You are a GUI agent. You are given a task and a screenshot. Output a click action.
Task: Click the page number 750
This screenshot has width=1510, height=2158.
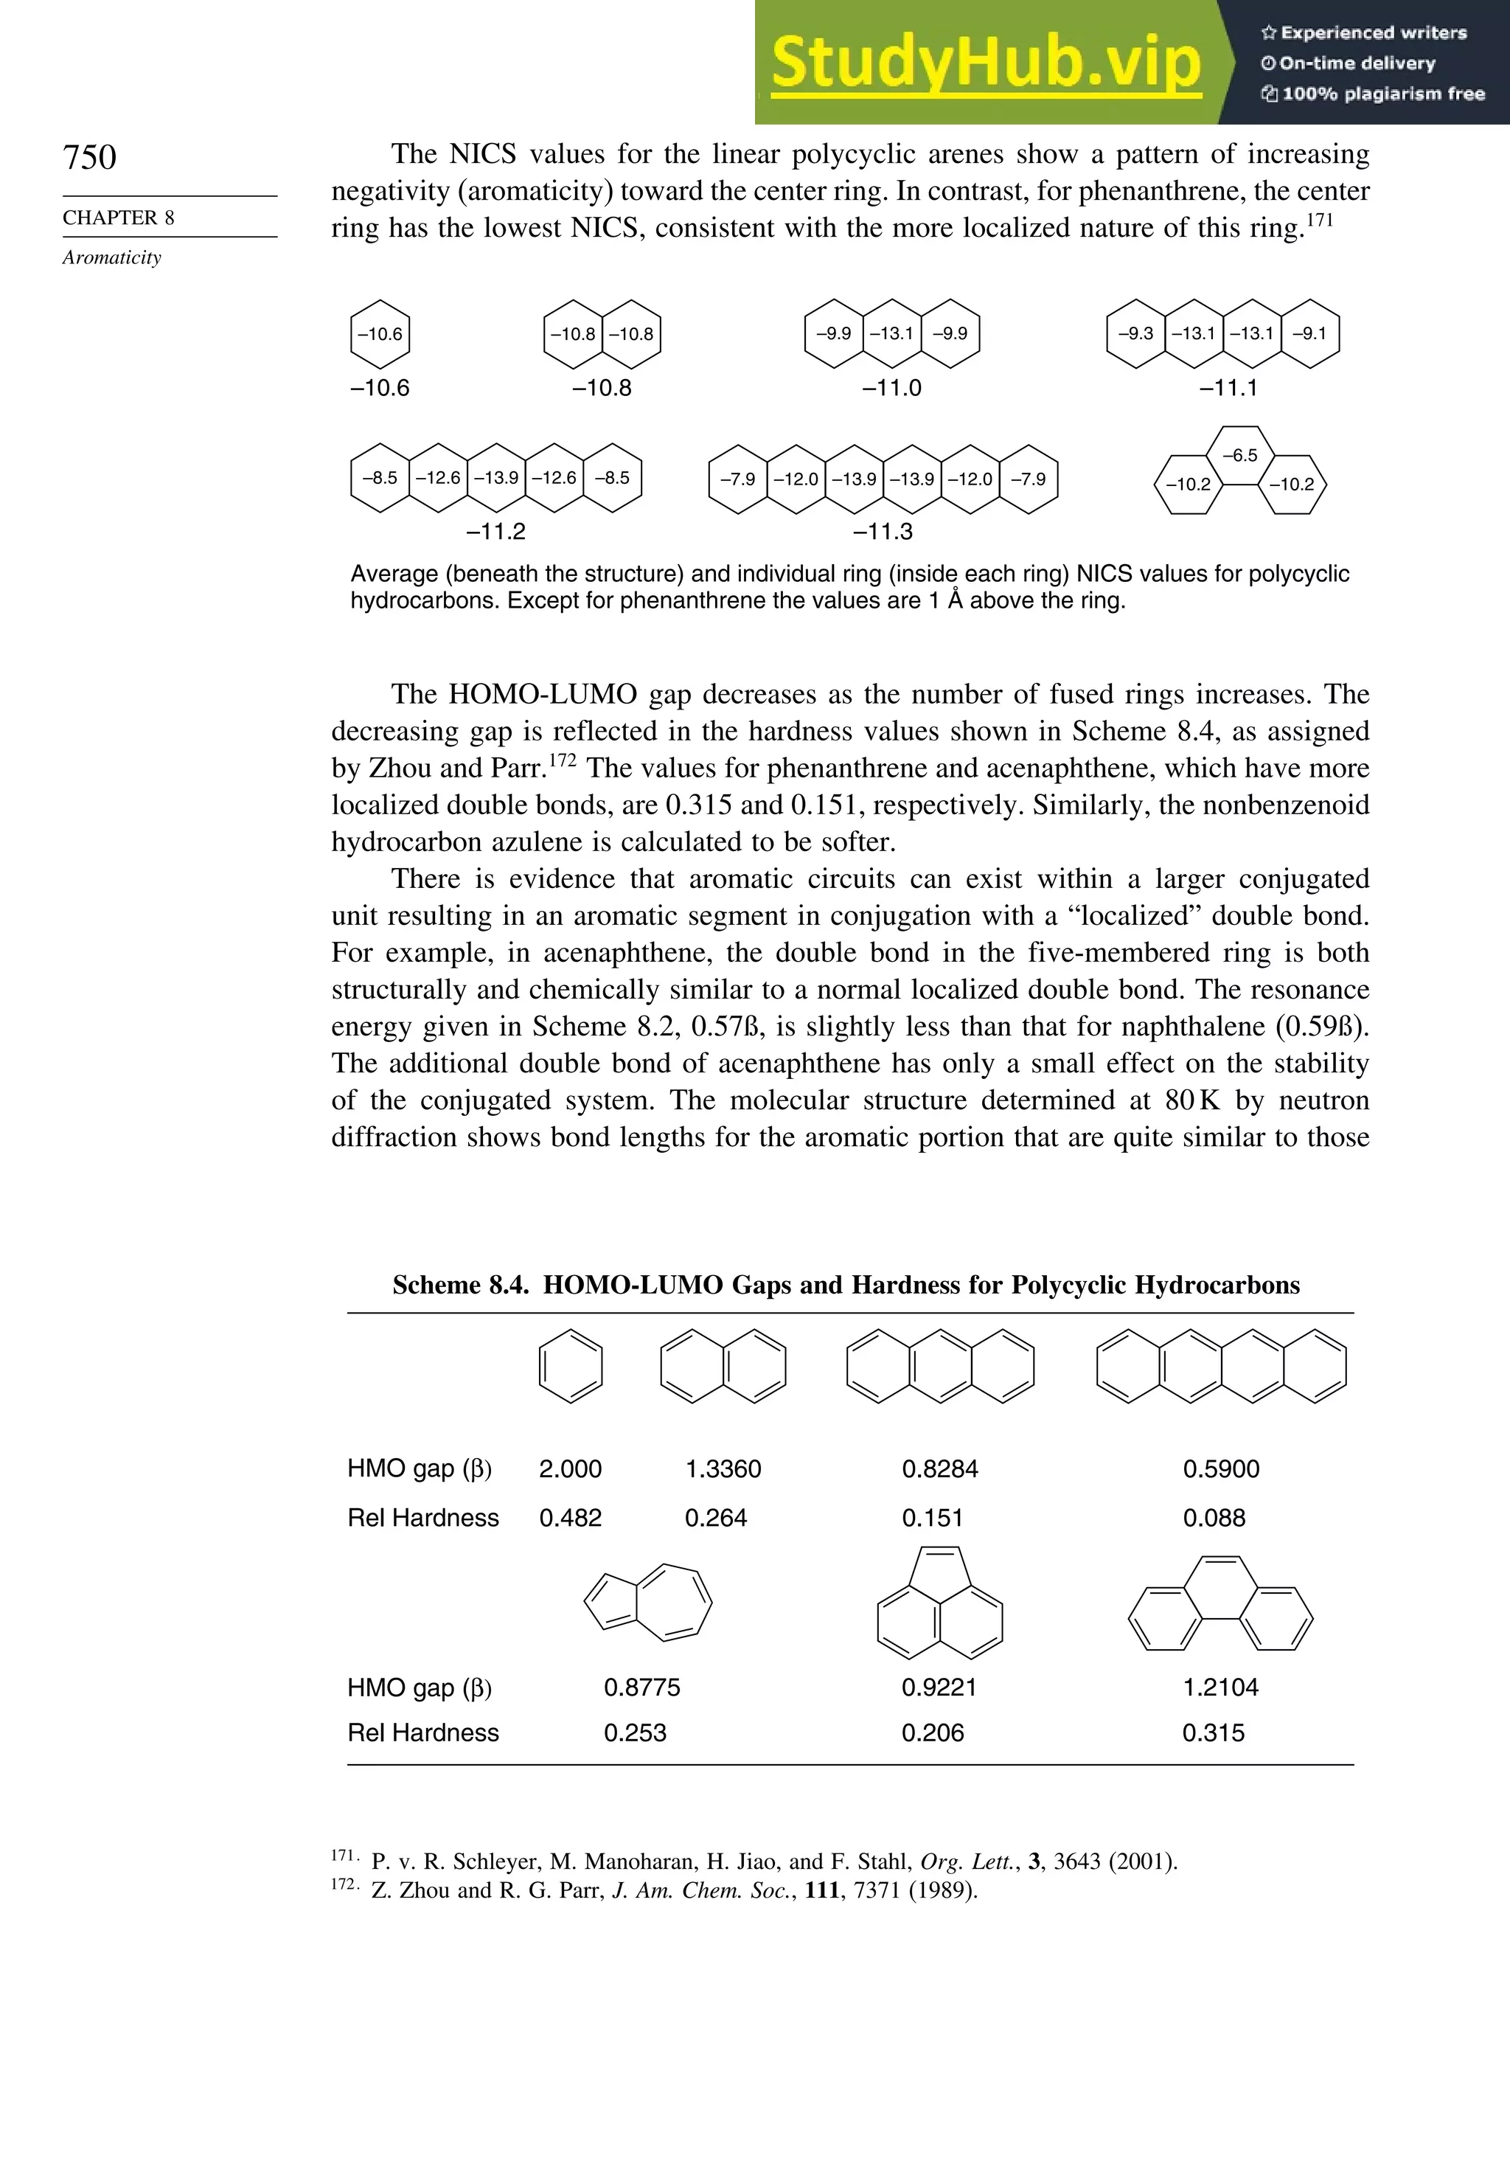89,158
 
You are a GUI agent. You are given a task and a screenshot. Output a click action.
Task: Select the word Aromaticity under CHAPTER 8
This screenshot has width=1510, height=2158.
112,257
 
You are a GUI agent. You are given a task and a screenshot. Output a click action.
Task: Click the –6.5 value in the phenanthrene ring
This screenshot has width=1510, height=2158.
1239,456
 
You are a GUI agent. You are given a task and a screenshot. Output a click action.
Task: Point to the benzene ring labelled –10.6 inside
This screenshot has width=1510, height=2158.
380,333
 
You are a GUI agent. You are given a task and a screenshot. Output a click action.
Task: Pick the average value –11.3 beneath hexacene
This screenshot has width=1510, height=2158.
883,532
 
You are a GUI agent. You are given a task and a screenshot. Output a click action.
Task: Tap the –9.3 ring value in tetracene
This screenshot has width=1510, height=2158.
1135,333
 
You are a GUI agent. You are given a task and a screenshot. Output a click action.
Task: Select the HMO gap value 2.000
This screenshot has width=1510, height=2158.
571,1469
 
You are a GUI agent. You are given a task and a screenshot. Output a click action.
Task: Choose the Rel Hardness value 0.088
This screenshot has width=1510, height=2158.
1214,1518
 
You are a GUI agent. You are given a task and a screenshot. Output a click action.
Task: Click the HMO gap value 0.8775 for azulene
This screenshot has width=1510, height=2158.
641,1687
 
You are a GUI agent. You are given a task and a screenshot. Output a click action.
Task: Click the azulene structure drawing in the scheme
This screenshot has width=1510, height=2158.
647,1603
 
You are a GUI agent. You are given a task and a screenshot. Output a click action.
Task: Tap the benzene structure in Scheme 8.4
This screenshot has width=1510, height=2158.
571,1367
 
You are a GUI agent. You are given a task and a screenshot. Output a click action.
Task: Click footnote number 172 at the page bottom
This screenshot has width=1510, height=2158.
343,1884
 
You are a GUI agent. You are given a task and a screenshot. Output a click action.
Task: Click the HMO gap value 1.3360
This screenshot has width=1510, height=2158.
723,1469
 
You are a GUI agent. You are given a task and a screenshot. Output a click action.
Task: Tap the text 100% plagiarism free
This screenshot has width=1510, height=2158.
1382,94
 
